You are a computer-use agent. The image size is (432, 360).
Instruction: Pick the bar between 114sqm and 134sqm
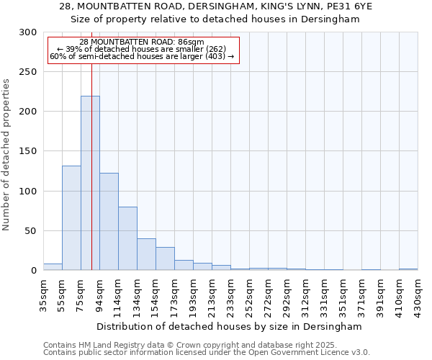click(127, 238)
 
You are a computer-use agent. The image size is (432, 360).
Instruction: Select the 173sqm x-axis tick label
click(174, 293)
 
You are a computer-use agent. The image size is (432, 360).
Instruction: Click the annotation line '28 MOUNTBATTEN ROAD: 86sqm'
click(142, 42)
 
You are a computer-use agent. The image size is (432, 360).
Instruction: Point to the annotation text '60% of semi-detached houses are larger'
click(142, 56)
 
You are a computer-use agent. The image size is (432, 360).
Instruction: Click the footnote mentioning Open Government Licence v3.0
click(207, 353)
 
